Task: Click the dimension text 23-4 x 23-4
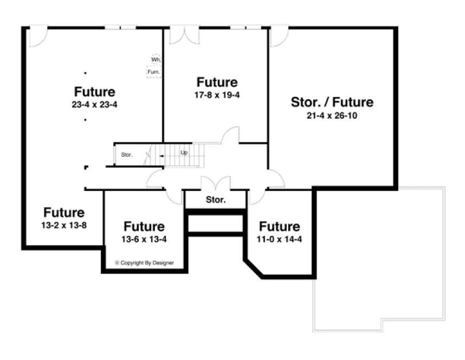(94, 105)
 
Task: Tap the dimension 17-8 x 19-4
(217, 95)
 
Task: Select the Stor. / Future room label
(332, 102)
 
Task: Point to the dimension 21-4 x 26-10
(332, 115)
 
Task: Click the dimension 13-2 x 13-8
(64, 225)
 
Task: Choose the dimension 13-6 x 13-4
(144, 239)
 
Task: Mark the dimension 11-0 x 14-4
(279, 239)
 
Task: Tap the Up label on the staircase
(184, 153)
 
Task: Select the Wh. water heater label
(156, 60)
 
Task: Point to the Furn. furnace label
(154, 72)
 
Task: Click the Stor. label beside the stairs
(127, 155)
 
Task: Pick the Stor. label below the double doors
(216, 200)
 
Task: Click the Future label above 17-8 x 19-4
(217, 82)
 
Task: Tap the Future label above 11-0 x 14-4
(279, 226)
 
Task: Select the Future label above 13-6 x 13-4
(144, 226)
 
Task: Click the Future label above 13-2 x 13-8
(64, 213)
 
